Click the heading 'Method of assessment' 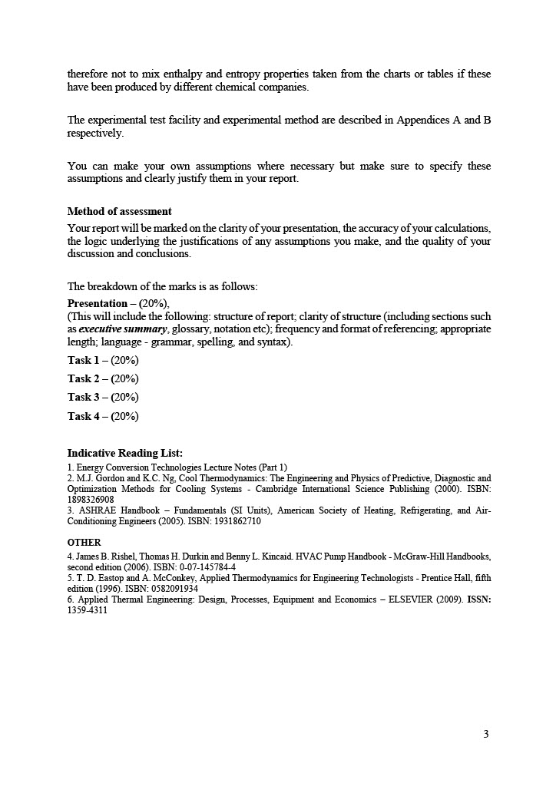click(x=119, y=211)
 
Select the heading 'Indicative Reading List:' click(x=124, y=453)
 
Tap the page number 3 click(x=486, y=734)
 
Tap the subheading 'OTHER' click(x=84, y=542)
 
